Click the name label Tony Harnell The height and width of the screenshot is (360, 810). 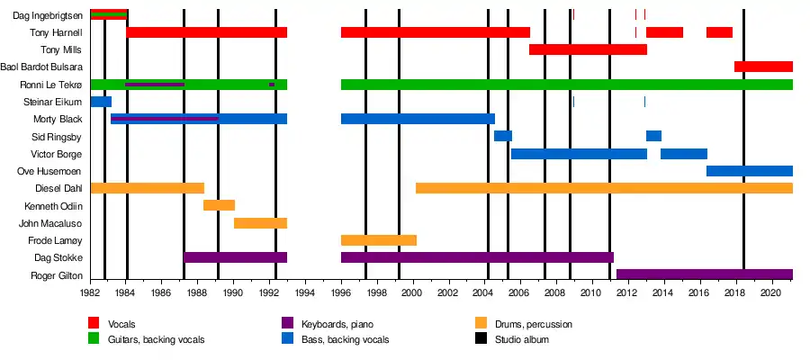click(57, 32)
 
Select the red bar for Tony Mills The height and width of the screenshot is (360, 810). click(588, 49)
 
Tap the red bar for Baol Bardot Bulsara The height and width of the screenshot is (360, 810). click(763, 67)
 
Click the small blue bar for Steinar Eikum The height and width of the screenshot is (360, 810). click(100, 102)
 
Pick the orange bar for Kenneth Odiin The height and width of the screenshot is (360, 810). click(219, 205)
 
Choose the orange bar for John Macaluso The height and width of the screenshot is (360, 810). click(260, 223)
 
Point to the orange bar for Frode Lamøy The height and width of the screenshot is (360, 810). click(378, 240)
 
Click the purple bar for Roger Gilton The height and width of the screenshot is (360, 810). click(704, 274)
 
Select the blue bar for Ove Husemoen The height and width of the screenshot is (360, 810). click(749, 171)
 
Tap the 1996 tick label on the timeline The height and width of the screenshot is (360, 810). click(340, 292)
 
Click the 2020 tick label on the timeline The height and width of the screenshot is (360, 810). click(771, 292)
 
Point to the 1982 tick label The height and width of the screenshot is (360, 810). click(90, 292)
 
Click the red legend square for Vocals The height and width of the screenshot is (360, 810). click(94, 323)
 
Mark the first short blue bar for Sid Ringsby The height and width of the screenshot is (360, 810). click(502, 136)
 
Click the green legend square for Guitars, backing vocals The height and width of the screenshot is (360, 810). click(94, 339)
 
